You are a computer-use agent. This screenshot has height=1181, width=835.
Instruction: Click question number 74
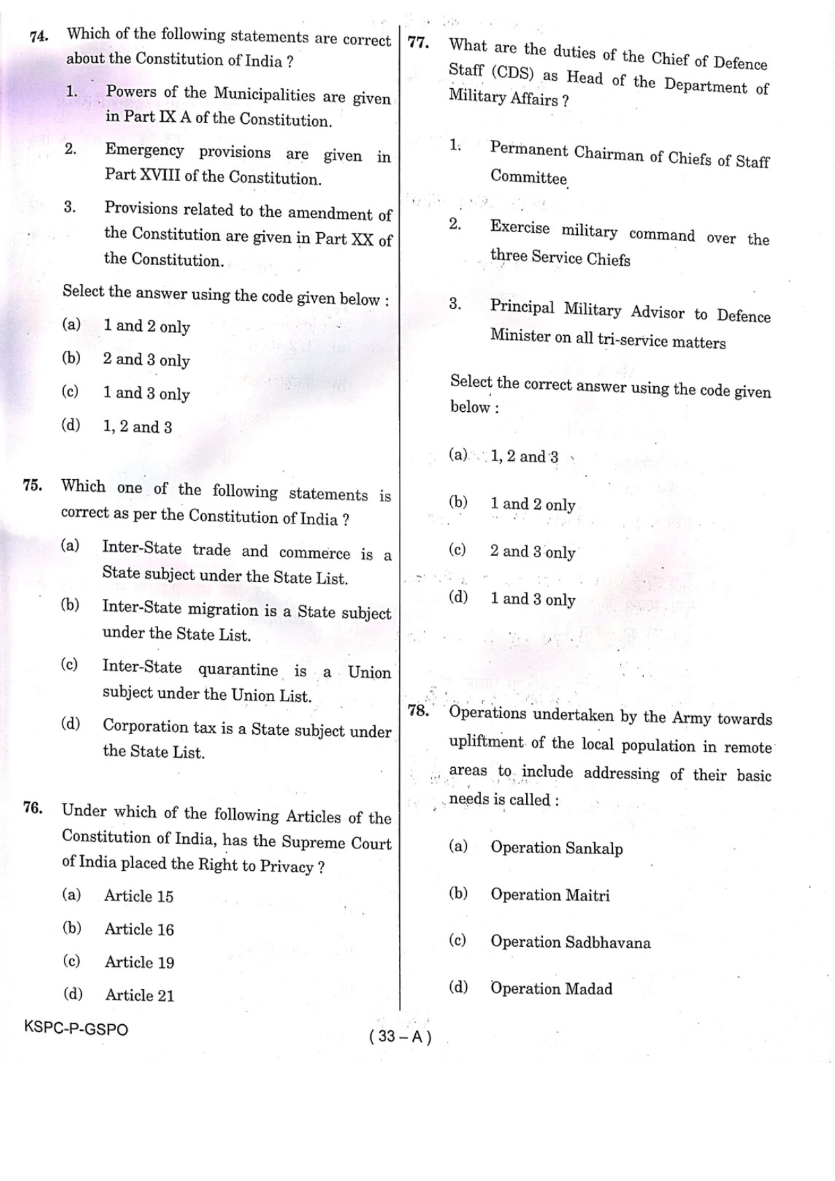[x=39, y=36]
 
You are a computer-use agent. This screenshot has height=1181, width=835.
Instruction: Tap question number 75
[x=33, y=486]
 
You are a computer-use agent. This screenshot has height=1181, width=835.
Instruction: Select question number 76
[x=33, y=808]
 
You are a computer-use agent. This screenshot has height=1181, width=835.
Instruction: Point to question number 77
[x=419, y=43]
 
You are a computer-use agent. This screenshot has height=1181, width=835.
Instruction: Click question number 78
[x=419, y=711]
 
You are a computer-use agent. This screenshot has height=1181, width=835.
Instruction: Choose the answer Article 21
[x=139, y=995]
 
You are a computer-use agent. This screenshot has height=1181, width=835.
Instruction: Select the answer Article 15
[x=139, y=896]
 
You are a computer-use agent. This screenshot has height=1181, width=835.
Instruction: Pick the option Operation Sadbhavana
[x=570, y=942]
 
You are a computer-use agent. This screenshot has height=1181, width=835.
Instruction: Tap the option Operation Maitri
[x=550, y=895]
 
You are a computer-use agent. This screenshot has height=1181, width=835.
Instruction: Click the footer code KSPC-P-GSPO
[x=75, y=1028]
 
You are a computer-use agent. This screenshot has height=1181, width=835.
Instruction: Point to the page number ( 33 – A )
[x=400, y=1037]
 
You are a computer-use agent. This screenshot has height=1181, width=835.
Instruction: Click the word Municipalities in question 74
[x=264, y=94]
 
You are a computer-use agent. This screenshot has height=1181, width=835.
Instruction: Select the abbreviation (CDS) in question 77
[x=511, y=73]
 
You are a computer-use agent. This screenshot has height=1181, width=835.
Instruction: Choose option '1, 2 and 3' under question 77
[x=524, y=457]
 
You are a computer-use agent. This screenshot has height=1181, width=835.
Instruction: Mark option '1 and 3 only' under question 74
[x=146, y=394]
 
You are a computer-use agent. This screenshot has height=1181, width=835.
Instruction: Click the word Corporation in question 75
[x=145, y=726]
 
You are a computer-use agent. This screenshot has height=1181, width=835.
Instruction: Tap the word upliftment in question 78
[x=486, y=743]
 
